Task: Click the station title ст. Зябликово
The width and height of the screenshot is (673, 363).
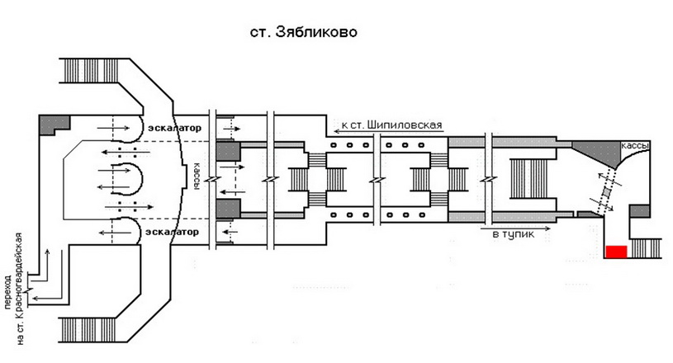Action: [303, 32]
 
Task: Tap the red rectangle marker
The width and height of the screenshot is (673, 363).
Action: [616, 252]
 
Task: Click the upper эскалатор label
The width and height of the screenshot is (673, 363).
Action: [174, 128]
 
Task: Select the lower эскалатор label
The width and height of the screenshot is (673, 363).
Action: [172, 232]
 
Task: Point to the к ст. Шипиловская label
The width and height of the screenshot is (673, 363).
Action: [392, 125]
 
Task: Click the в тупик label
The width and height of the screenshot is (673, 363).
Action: [514, 234]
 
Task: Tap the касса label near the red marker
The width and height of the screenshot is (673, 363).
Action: [635, 146]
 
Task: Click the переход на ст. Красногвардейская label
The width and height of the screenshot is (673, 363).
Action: [13, 289]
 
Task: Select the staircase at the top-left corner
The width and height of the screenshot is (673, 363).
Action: [91, 71]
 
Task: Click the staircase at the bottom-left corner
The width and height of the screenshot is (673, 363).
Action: [88, 329]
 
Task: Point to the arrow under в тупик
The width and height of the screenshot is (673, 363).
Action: [515, 229]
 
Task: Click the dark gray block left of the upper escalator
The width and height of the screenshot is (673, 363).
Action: [55, 125]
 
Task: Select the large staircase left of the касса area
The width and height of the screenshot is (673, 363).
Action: [532, 178]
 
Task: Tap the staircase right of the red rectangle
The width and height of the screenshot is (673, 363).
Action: [645, 248]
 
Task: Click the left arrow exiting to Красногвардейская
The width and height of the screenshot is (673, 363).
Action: [48, 298]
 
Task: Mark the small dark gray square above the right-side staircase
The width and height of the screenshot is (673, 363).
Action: [639, 211]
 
